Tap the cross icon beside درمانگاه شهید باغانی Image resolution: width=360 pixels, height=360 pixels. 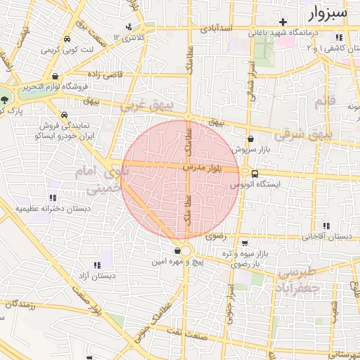[283, 22]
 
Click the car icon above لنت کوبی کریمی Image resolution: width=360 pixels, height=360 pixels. [67, 40]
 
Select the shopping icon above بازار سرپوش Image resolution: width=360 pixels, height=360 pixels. [251, 139]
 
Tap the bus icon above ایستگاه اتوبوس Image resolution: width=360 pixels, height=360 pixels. [255, 174]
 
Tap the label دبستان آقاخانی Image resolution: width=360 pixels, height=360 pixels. [328, 236]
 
